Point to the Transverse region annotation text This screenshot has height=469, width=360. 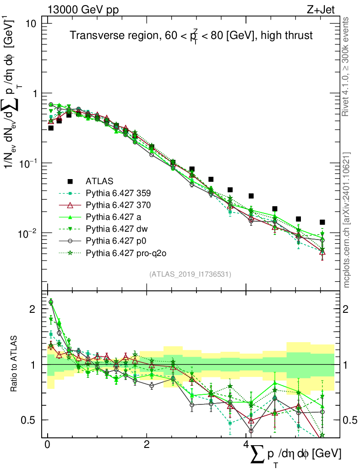click(x=191, y=36)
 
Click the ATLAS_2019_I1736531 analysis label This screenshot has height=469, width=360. click(x=190, y=274)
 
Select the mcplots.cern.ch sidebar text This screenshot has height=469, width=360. click(x=347, y=220)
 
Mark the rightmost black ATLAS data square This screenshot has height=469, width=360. click(x=322, y=222)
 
